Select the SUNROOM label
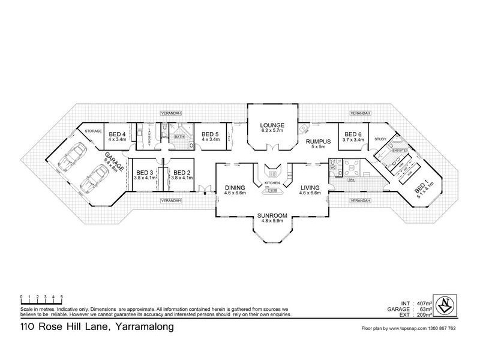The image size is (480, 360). [x=272, y=214]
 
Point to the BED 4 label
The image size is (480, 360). [x=116, y=134]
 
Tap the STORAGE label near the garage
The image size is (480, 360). [x=92, y=130]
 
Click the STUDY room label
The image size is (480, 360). [x=380, y=139]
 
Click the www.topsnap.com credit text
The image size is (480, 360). [x=410, y=329]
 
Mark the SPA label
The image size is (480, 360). [x=352, y=179]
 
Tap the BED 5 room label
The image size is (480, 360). [x=209, y=134]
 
